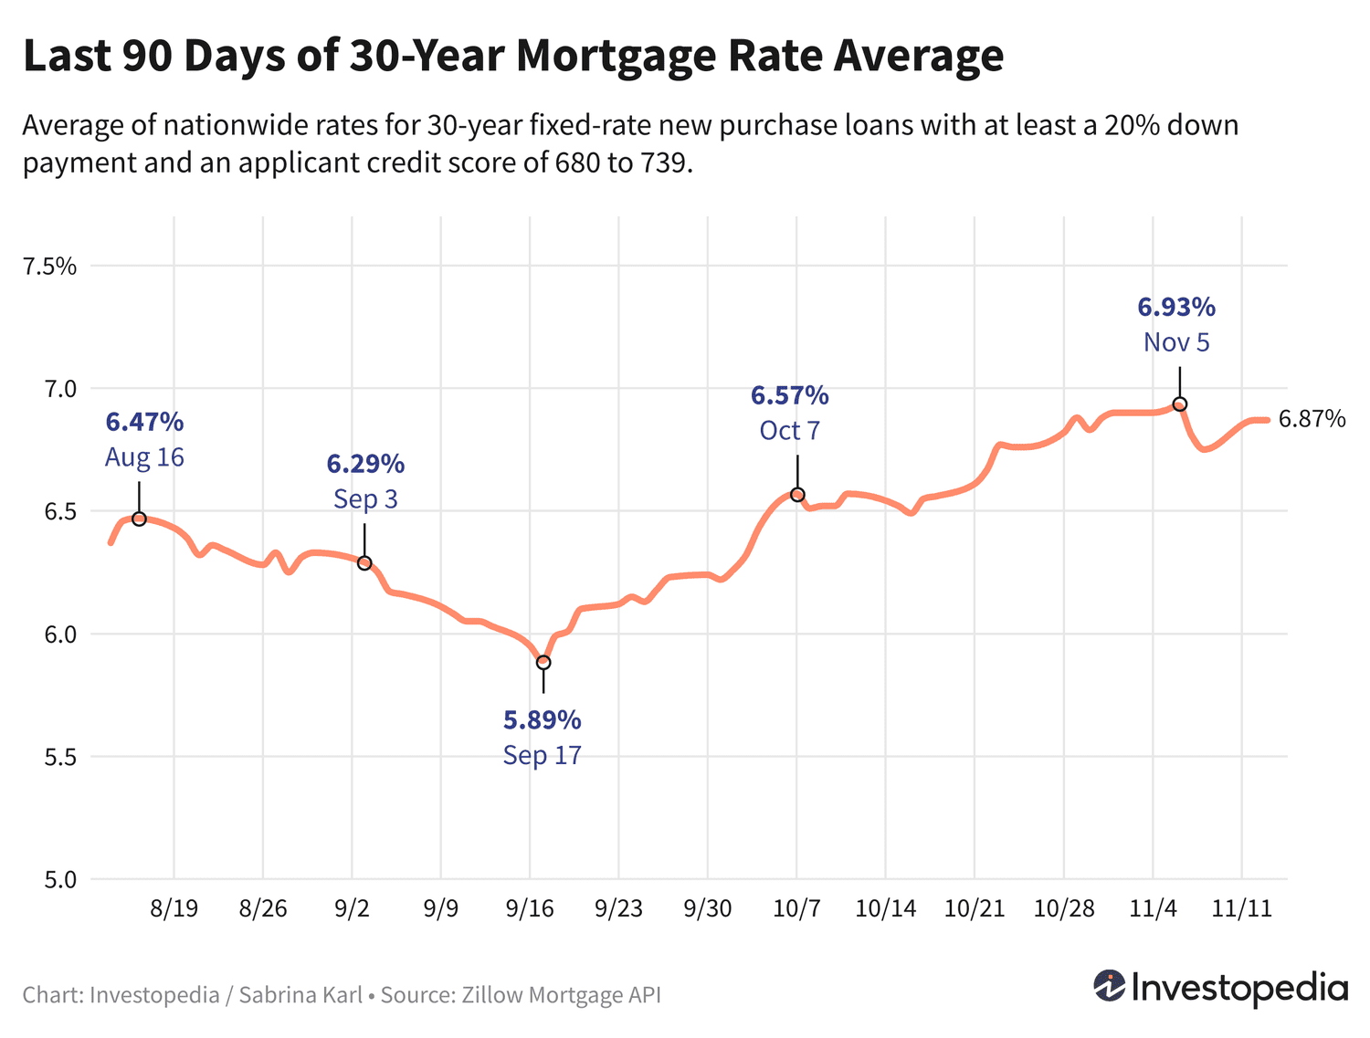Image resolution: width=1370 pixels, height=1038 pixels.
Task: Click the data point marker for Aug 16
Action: point(139,519)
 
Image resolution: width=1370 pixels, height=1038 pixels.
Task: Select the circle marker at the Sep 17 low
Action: point(543,662)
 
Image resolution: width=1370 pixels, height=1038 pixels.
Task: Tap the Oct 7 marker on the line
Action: point(797,495)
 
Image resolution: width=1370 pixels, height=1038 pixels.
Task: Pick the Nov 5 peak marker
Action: point(1179,404)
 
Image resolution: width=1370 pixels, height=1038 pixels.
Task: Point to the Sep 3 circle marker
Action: point(364,563)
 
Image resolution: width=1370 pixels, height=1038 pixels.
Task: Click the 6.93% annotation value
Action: point(1176,308)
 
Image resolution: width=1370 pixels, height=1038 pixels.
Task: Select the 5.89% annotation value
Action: point(542,720)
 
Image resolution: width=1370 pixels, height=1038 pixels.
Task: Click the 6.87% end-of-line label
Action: point(1312,419)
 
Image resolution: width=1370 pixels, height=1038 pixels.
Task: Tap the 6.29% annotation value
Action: point(365,464)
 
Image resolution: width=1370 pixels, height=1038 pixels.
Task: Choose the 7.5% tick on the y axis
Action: point(50,267)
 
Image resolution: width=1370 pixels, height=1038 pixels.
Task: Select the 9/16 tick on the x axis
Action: point(530,908)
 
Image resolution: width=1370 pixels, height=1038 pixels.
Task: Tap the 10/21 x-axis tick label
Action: point(975,908)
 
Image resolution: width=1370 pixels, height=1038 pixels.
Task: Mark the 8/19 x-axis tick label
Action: point(174,908)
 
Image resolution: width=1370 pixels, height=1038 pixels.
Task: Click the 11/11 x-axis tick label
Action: point(1240,908)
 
